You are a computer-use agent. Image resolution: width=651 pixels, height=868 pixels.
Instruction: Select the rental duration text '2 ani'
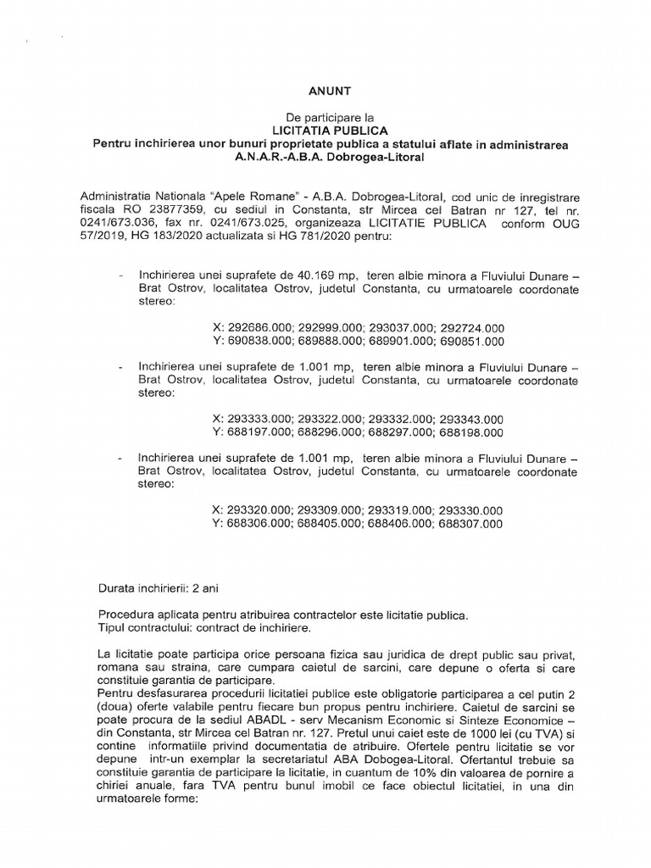tap(211, 587)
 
